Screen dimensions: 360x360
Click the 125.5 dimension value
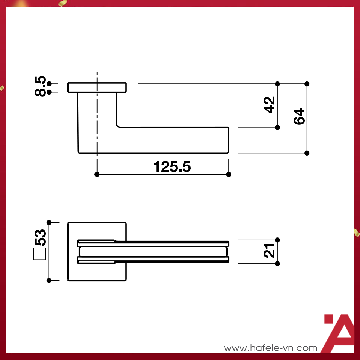point(172,167)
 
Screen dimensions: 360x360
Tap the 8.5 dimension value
point(40,86)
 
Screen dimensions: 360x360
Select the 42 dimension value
point(270,105)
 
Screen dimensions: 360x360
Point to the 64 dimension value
point(299,117)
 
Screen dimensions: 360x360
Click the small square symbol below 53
point(39,254)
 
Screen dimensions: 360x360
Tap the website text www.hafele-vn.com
point(270,348)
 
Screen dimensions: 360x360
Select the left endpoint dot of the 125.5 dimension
point(97,174)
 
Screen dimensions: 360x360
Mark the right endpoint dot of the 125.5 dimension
point(229,174)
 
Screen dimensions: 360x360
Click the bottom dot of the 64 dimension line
point(307,153)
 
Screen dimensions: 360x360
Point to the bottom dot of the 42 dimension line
point(277,127)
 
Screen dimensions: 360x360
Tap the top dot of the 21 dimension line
point(277,240)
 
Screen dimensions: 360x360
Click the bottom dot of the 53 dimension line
point(49,280)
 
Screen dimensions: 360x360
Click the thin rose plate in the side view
point(109,87)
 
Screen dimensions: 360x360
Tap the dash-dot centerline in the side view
point(97,112)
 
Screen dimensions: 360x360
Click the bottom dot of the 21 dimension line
point(277,264)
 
